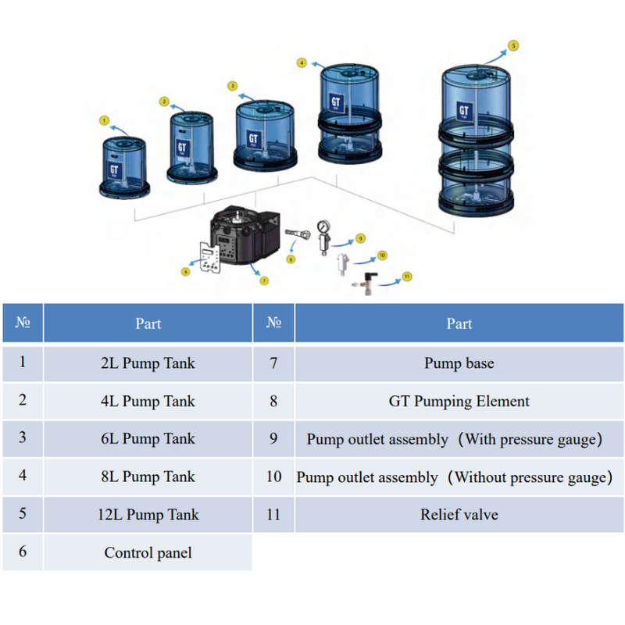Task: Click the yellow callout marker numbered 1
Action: click(104, 120)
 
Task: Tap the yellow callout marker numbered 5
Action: click(513, 45)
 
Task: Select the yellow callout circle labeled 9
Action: click(360, 238)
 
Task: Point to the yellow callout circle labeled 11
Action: click(407, 277)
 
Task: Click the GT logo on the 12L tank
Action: click(464, 111)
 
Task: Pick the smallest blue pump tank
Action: click(124, 167)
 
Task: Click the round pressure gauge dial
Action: click(323, 227)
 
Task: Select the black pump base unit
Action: click(245, 234)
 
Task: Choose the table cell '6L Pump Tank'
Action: click(148, 438)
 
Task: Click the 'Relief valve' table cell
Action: click(459, 514)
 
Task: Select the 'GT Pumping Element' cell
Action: click(459, 401)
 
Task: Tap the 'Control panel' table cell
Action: click(148, 552)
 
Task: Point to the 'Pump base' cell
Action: click(459, 363)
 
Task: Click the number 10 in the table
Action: click(274, 477)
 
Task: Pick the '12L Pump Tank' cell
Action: click(148, 514)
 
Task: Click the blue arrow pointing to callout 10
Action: click(365, 261)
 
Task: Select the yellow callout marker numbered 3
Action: click(232, 86)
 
